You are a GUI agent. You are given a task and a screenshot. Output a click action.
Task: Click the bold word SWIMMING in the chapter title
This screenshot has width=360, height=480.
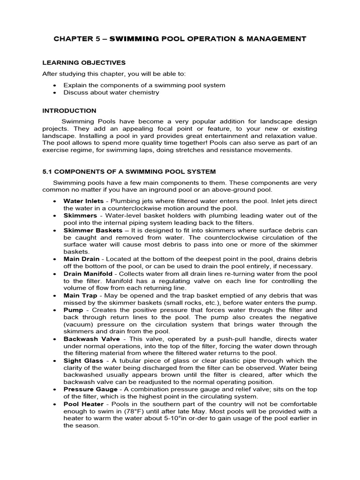135,39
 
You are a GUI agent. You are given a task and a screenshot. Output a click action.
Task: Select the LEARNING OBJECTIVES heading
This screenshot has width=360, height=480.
84,62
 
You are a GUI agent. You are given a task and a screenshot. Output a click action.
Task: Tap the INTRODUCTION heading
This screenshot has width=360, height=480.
69,111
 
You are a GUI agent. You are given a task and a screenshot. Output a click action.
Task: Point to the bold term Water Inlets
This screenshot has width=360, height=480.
83,201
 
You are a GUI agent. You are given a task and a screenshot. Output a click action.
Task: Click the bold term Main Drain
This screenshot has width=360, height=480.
81,259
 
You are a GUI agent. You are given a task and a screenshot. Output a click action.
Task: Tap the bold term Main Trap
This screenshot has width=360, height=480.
80,296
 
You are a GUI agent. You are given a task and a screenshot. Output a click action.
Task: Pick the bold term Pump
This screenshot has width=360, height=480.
73,310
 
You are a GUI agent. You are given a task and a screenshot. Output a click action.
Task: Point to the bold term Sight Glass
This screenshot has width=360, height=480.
82,361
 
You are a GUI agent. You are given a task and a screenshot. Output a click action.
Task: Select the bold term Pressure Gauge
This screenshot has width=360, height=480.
90,390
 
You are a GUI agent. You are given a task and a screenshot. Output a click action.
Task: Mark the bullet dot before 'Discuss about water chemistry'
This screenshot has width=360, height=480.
55,93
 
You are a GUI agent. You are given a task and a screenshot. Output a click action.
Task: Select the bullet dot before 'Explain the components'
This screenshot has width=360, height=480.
55,85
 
